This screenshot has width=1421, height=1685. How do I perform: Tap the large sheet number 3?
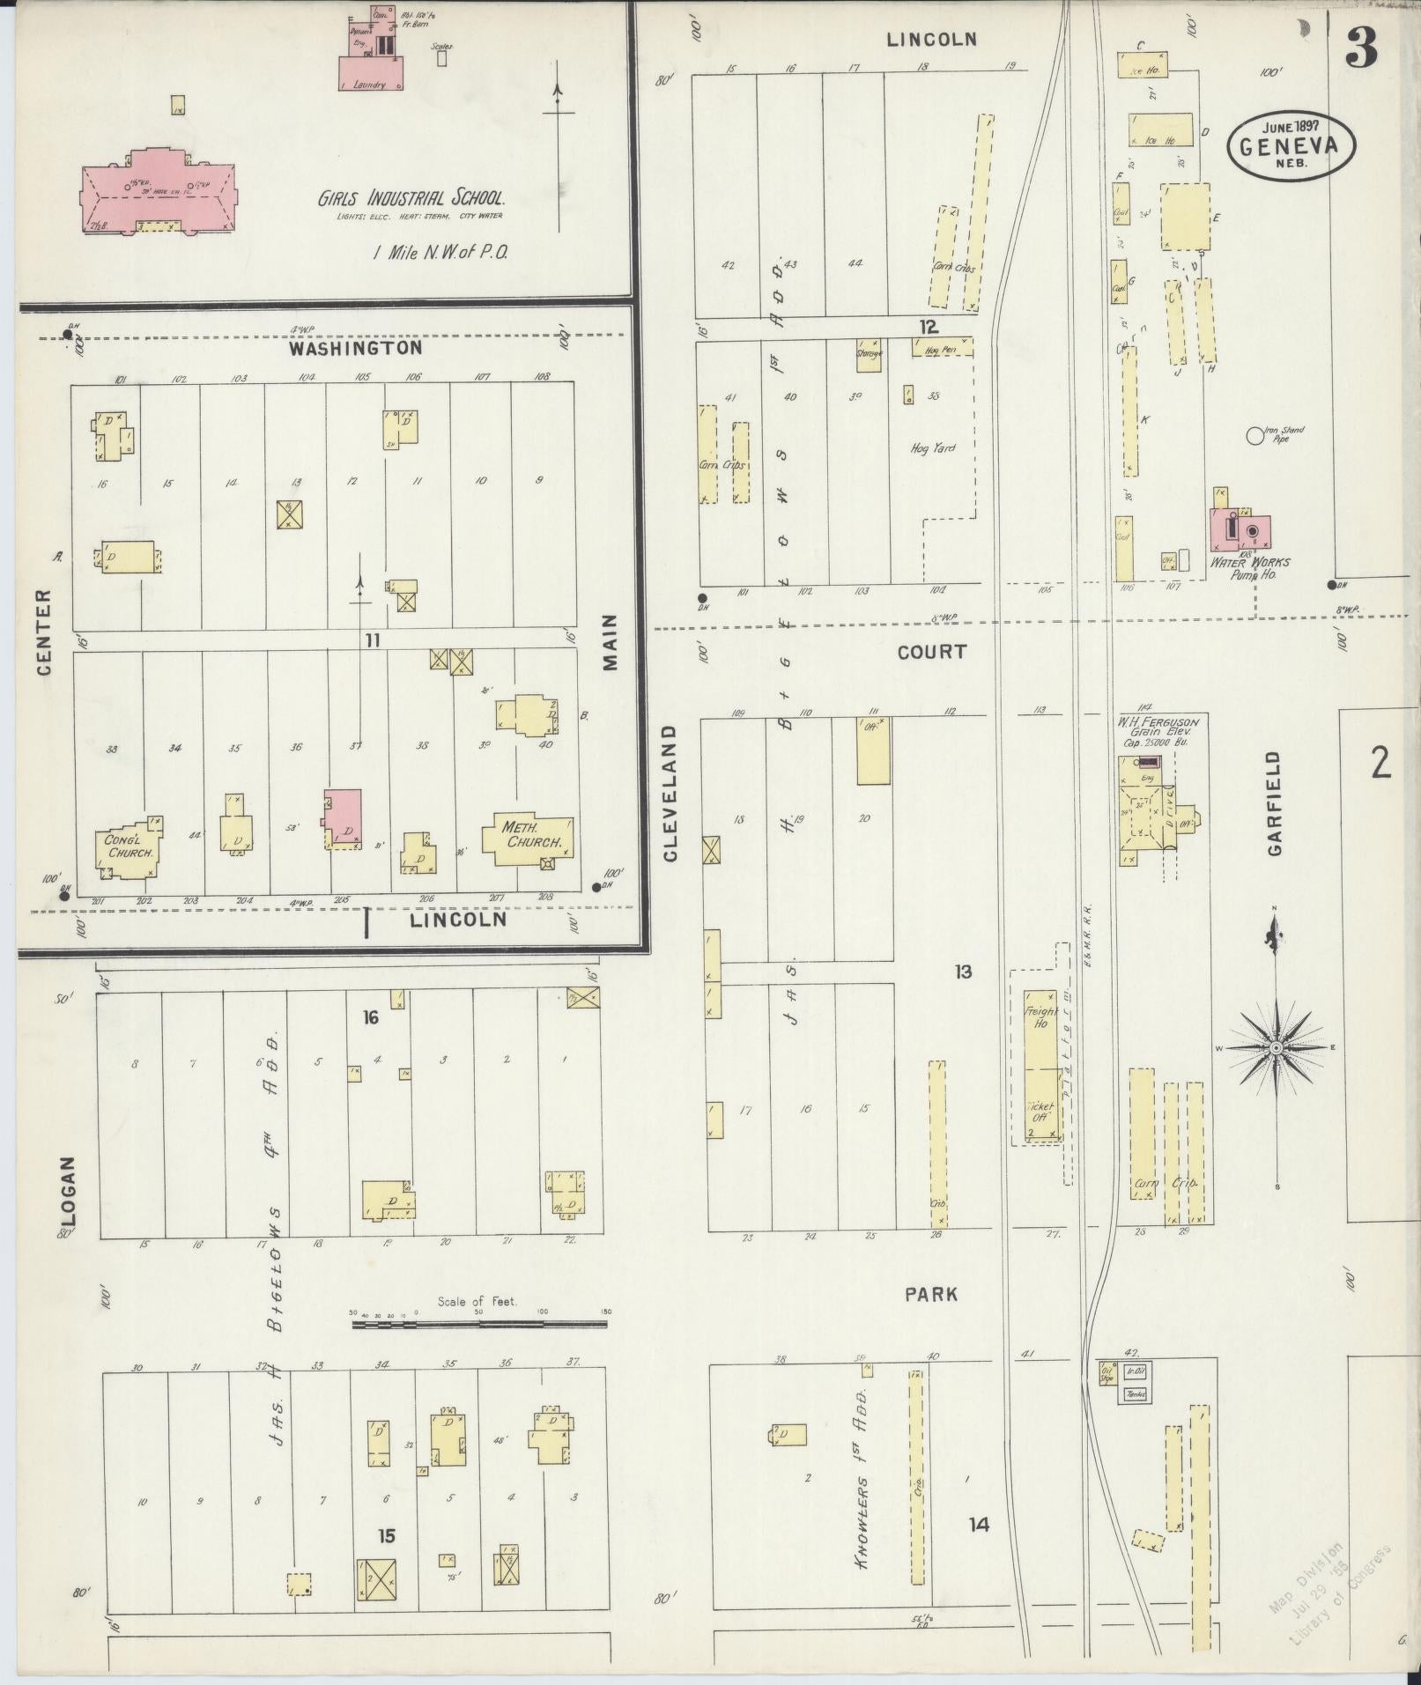[1361, 48]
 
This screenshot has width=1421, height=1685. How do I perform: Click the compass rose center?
[1275, 1047]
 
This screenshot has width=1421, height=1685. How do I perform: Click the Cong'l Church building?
[129, 847]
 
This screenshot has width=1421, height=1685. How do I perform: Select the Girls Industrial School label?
[411, 198]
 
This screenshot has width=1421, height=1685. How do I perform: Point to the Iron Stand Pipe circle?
[1254, 434]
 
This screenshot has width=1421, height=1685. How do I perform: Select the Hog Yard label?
[933, 447]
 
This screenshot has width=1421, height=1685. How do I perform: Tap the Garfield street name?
[1274, 802]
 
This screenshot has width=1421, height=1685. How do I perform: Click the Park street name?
[930, 1294]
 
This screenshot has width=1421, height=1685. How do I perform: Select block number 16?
[371, 1017]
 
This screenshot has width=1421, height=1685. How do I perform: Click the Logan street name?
[68, 1191]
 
